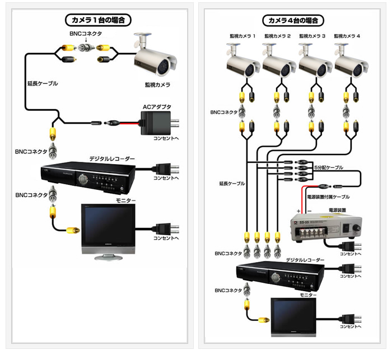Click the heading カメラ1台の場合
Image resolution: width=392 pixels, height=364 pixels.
(x=99, y=20)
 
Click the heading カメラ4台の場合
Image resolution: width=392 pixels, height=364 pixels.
(x=293, y=20)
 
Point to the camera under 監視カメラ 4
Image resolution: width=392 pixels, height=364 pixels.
(x=351, y=62)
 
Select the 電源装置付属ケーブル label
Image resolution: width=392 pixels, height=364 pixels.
(x=329, y=197)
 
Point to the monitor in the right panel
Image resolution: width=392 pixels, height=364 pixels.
(x=293, y=316)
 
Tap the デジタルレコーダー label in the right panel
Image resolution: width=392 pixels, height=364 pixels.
(x=305, y=260)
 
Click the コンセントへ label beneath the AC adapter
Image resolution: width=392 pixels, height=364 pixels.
(x=166, y=138)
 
